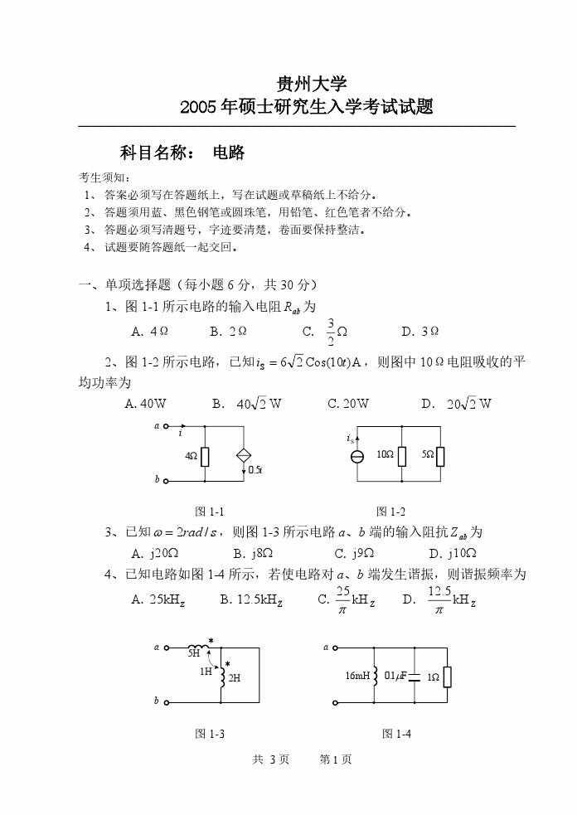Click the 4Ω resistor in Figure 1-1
pos(205,456)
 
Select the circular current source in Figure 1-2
pos(357,457)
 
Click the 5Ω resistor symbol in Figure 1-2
pos(440,456)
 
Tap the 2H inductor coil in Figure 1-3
pos(222,677)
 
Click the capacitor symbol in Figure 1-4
pos(415,677)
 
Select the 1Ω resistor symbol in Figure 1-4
pos(448,677)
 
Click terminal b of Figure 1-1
pos(166,480)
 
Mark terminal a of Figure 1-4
pos(335,648)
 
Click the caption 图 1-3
pos(210,734)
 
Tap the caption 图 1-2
pos(390,512)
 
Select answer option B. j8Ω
pos(253,553)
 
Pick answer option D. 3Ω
pos(419,332)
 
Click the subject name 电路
pos(229,153)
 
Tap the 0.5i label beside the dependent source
pos(255,470)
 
